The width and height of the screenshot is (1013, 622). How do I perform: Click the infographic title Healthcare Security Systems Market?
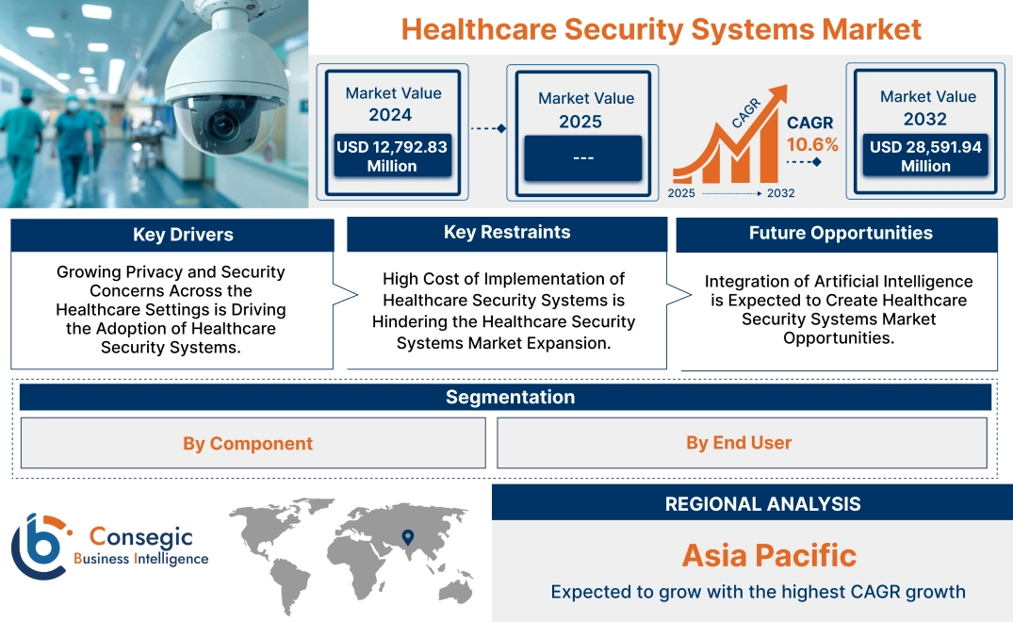coord(661,29)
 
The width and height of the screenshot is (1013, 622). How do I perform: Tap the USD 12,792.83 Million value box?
coord(392,156)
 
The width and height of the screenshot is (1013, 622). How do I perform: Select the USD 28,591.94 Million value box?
coord(925,156)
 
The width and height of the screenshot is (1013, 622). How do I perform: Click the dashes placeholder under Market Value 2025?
coord(583,157)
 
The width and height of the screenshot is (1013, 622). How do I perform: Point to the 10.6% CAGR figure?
coord(813,144)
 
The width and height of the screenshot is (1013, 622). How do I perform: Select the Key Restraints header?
coord(507,233)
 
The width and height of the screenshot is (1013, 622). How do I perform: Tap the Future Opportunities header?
coord(841,234)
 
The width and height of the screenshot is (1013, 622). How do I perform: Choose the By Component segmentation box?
coord(248,443)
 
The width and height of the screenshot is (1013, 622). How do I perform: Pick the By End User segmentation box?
coord(739,442)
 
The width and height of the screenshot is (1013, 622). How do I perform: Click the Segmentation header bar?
coord(510,397)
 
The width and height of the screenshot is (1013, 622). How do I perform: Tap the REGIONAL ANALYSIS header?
coord(762,503)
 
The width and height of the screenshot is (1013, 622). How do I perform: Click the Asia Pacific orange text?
coord(769,555)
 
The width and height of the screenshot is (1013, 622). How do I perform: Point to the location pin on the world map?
coord(407,537)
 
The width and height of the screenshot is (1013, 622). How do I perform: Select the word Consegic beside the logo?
coord(141,536)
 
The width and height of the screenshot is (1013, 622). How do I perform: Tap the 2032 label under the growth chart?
coord(781,193)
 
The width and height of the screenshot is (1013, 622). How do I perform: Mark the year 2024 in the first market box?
coord(390,115)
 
